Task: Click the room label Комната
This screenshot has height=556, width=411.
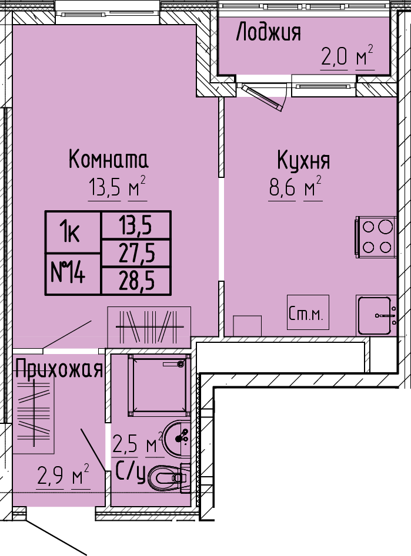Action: click(x=108, y=159)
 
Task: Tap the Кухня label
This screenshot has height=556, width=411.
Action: click(x=303, y=160)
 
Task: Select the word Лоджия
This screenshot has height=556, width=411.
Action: click(x=269, y=32)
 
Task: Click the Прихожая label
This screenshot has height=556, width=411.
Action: click(x=59, y=370)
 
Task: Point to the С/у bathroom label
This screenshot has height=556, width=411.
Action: click(x=131, y=473)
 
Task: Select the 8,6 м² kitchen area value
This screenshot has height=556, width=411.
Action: click(x=295, y=187)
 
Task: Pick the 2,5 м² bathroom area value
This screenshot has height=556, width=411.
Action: click(x=138, y=443)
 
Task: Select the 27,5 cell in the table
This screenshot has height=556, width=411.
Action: click(x=136, y=253)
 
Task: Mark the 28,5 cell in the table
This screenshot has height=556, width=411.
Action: click(x=136, y=281)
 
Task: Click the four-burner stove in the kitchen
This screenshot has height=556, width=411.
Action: click(x=376, y=237)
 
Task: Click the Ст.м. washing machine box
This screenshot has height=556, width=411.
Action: click(x=308, y=312)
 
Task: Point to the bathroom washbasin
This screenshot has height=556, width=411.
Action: click(x=177, y=439)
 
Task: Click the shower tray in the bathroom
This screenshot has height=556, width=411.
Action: click(x=159, y=385)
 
